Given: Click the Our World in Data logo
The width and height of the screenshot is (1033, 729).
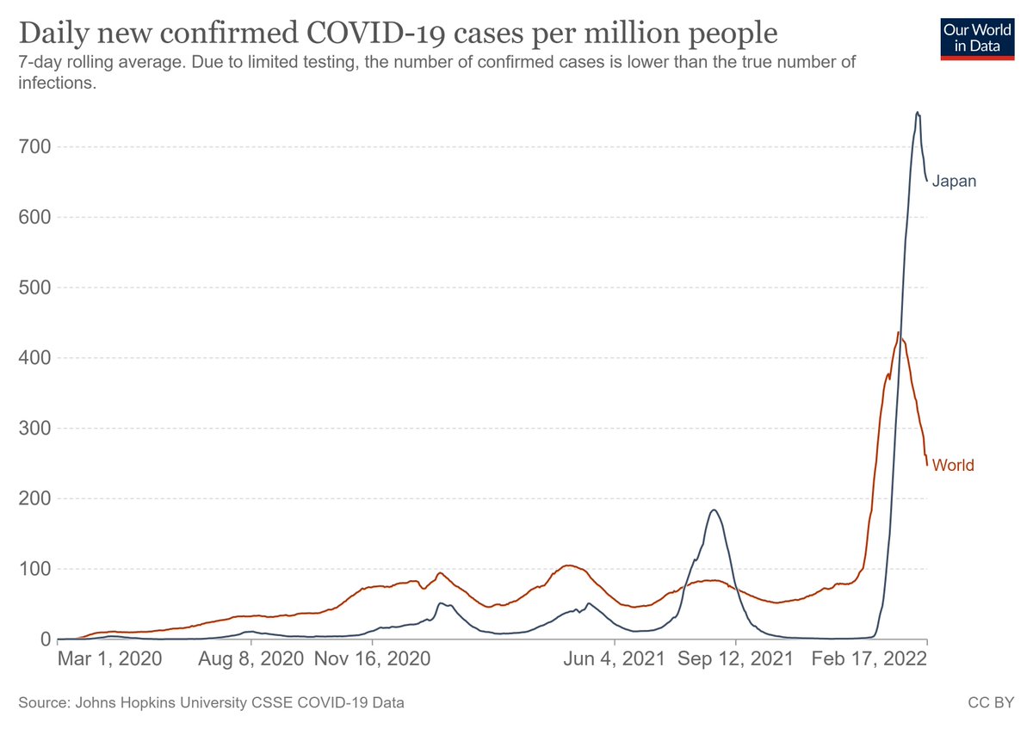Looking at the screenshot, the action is click(x=977, y=39).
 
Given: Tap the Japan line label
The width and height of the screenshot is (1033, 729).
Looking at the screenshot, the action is click(x=954, y=182).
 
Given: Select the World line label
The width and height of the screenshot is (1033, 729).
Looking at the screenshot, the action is click(x=953, y=465).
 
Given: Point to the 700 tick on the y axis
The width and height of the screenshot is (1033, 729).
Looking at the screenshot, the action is click(x=34, y=146).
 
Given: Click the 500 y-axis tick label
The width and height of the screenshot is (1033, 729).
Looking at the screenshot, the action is click(x=34, y=287).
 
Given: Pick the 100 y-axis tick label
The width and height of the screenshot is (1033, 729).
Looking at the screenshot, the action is click(x=34, y=569).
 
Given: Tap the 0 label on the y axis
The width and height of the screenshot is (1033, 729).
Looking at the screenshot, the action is click(x=46, y=639).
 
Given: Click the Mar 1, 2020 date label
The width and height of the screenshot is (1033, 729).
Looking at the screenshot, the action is click(x=110, y=659).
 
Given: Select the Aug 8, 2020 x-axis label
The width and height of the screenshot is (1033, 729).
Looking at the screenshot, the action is click(x=251, y=659).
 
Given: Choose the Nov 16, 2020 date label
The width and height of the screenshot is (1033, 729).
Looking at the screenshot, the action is click(x=372, y=659).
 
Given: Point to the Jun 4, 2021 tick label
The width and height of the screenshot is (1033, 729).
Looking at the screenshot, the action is click(x=615, y=659).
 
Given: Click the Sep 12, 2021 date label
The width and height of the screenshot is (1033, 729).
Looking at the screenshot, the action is click(x=735, y=659).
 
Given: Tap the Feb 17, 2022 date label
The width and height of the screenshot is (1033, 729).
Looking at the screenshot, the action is click(x=869, y=659).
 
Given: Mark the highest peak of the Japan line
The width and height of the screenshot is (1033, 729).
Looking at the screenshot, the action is click(x=918, y=112).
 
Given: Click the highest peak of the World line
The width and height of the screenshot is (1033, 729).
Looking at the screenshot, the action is click(x=898, y=332).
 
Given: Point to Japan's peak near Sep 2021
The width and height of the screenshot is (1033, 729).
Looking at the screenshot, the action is click(x=714, y=510).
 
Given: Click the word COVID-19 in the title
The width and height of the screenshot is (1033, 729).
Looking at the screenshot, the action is click(x=376, y=33).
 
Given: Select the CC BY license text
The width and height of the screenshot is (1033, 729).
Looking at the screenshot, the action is click(x=991, y=702).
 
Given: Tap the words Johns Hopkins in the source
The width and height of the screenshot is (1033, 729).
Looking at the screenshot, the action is click(x=125, y=702).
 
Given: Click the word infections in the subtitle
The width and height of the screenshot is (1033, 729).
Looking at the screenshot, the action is click(x=57, y=83).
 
